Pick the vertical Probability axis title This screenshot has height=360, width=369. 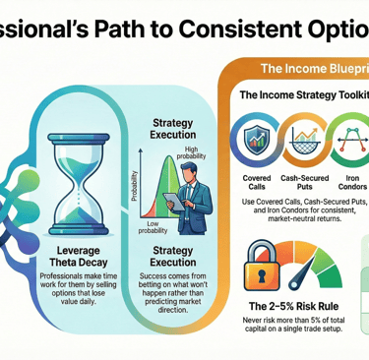click(135, 181)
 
